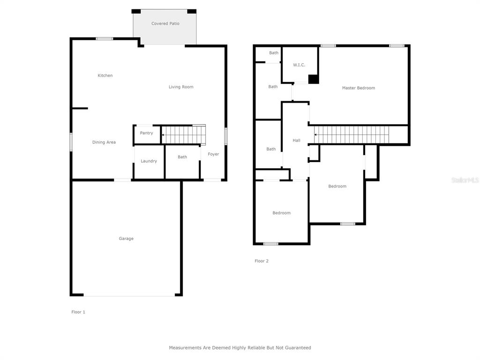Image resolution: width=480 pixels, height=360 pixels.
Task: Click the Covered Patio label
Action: (165, 23)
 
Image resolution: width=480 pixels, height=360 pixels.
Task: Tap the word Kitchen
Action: (105, 75)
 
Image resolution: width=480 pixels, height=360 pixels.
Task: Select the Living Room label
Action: (181, 87)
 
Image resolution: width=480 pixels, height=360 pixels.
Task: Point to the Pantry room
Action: (147, 134)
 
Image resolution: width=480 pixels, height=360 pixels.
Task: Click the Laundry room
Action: (149, 162)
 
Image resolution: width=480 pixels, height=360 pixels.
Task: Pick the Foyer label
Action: (213, 154)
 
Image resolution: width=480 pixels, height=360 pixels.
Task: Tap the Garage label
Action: (126, 239)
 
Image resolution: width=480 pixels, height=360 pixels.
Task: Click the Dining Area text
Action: (104, 142)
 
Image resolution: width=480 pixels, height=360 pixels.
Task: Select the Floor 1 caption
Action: (78, 312)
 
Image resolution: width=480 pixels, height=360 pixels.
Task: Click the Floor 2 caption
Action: (262, 261)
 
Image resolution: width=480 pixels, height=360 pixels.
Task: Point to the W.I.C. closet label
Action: (299, 65)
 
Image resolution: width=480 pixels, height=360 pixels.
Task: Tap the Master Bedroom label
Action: (359, 88)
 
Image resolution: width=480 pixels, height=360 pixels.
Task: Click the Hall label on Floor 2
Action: (296, 141)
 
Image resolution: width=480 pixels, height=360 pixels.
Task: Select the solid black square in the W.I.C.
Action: (314, 79)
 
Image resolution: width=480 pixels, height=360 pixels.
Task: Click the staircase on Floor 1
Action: (184, 135)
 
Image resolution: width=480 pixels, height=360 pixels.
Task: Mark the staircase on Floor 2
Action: (352, 135)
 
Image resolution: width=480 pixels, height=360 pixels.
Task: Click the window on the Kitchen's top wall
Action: (105, 38)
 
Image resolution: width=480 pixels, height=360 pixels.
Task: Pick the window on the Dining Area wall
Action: (71, 142)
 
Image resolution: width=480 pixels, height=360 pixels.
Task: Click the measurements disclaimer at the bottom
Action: (240, 348)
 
